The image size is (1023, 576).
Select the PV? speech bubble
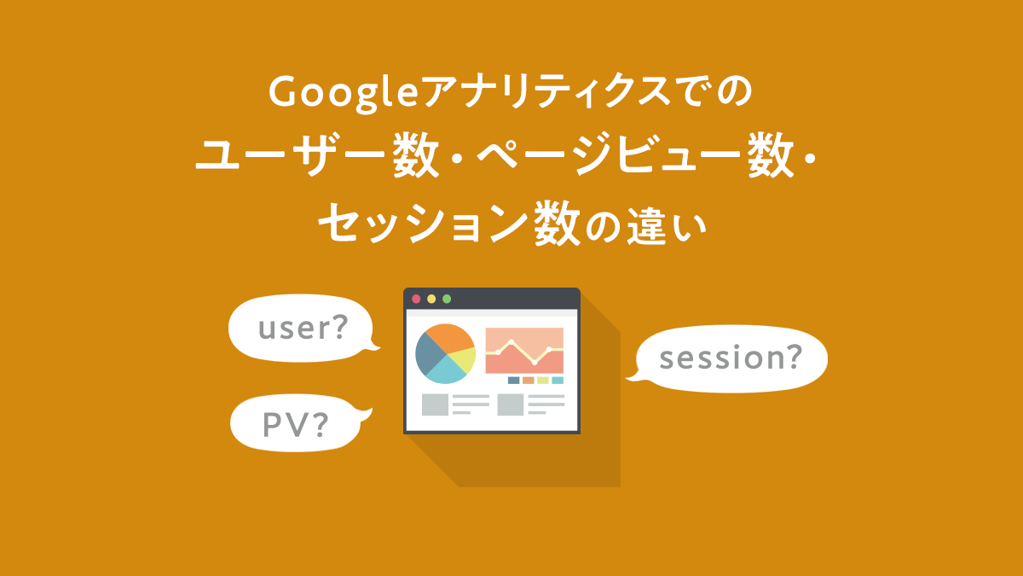click(x=294, y=423)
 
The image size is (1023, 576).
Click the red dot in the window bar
click(x=416, y=299)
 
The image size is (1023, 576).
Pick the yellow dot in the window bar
click(x=431, y=299)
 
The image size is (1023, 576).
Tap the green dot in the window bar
click(x=447, y=299)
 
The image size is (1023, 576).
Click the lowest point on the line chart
click(x=535, y=363)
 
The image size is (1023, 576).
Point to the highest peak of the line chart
click(x=511, y=341)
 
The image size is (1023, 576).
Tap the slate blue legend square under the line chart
click(x=513, y=381)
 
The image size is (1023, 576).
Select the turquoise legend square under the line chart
click(x=558, y=381)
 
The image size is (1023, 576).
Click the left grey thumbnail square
click(x=435, y=404)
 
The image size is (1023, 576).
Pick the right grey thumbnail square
click(x=511, y=404)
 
